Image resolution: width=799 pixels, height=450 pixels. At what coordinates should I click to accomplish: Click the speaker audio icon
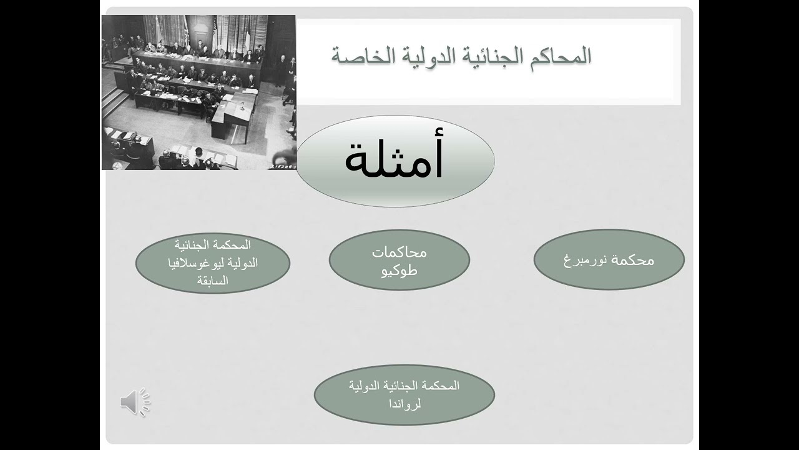tap(135, 402)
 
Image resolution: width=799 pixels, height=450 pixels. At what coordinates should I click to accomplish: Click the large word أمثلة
tap(395, 160)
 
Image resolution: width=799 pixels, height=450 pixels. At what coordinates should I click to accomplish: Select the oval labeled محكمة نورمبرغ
tap(609, 259)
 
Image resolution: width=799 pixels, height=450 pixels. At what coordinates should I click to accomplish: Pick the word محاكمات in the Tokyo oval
tap(399, 252)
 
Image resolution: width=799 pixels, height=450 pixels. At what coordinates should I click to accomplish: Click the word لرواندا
tap(404, 403)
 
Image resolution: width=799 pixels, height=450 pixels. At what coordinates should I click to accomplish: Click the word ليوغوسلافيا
tap(195, 262)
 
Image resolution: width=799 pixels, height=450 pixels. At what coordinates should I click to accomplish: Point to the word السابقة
tap(213, 281)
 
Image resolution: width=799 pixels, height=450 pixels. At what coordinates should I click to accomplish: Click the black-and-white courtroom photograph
tap(199, 92)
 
